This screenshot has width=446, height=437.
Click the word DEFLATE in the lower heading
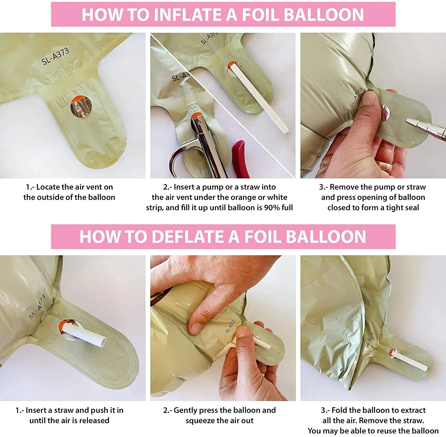tap(189, 237)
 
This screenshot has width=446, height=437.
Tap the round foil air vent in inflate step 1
tap(81, 106)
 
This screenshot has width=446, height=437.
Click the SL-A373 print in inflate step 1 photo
tap(55, 56)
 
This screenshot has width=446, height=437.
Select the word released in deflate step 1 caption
tap(95, 420)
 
